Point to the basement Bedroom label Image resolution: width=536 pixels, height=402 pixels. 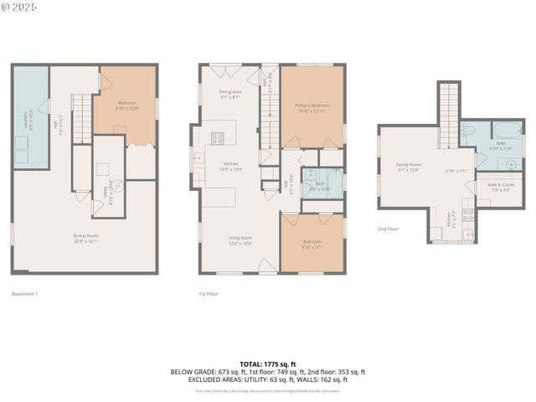pyautogui.click(x=127, y=106)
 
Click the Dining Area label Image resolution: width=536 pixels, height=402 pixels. pyautogui.click(x=230, y=94)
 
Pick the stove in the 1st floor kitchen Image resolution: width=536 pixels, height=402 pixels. pyautogui.click(x=217, y=139)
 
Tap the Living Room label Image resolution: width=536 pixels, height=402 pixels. pyautogui.click(x=240, y=240)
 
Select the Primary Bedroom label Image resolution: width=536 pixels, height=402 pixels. pyautogui.click(x=312, y=107)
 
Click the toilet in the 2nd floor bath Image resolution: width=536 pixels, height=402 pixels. pyautogui.click(x=471, y=131)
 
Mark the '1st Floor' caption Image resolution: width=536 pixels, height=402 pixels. pyautogui.click(x=209, y=294)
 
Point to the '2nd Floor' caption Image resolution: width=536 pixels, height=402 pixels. pyautogui.click(x=387, y=228)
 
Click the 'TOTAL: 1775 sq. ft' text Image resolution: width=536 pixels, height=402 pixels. pyautogui.click(x=267, y=363)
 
